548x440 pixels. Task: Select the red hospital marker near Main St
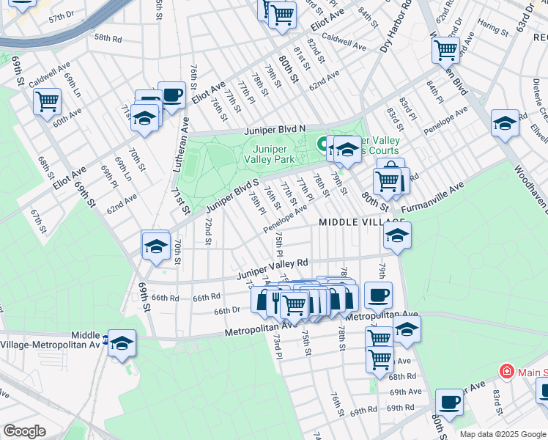pyautogui.click(x=506, y=372)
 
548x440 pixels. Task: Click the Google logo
pyautogui.click(x=24, y=431)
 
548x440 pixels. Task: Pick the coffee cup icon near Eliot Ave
pyautogui.click(x=171, y=95)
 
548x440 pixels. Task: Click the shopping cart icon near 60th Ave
pyautogui.click(x=47, y=101)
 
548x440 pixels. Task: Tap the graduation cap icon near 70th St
pyautogui.click(x=156, y=246)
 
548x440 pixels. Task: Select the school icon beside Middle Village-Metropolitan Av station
pyautogui.click(x=122, y=342)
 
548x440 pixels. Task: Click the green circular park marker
pyautogui.click(x=321, y=143)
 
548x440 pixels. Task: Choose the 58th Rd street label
pyautogui.click(x=107, y=37)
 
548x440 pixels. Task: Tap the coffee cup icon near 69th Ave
pyautogui.click(x=449, y=402)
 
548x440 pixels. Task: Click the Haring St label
pyautogui.click(x=492, y=29)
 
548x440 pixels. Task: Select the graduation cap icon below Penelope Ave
pyautogui.click(x=397, y=235)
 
